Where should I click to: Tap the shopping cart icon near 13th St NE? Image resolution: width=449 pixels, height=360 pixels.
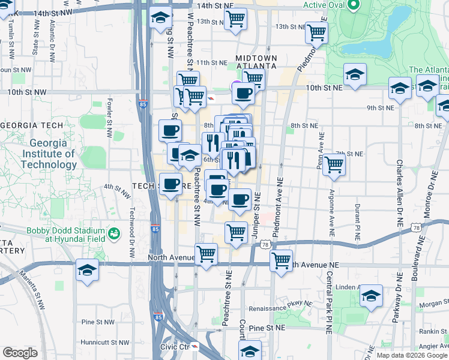[316, 33]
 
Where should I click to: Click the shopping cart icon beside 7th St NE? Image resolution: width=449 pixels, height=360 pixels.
[334, 164]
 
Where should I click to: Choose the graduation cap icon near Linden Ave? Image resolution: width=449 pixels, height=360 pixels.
[372, 297]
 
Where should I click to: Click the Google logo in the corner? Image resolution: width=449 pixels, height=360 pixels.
[20, 353]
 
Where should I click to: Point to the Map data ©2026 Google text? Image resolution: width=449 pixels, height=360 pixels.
[411, 355]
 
